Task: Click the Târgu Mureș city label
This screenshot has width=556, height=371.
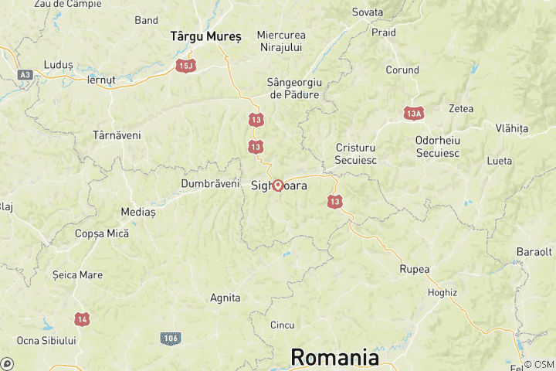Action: click(205, 36)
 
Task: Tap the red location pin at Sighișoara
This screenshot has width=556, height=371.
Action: click(278, 185)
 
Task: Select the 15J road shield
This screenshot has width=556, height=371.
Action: click(185, 65)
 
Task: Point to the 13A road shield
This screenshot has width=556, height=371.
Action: click(414, 114)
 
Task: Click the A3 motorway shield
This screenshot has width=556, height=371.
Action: click(25, 75)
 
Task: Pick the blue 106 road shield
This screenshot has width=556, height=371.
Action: click(171, 339)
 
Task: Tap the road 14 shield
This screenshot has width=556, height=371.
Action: click(82, 318)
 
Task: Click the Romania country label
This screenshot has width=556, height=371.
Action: click(334, 358)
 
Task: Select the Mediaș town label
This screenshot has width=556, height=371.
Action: click(138, 211)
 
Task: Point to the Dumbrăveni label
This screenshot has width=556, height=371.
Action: click(210, 183)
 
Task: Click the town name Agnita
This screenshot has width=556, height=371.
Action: click(225, 298)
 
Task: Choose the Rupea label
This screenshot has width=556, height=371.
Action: click(414, 269)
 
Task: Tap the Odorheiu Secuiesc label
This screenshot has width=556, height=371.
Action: click(438, 146)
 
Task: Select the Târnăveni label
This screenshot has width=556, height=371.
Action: click(117, 134)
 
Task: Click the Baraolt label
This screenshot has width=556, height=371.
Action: click(534, 252)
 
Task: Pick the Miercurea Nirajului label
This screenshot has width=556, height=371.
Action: click(281, 41)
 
